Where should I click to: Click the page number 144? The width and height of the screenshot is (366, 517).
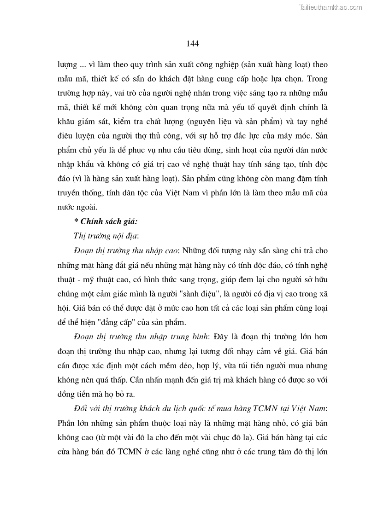pos(193,44)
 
